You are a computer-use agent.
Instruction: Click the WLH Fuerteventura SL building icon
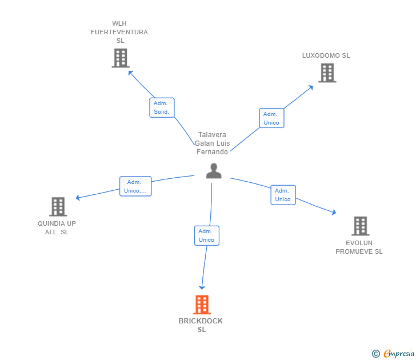pyautogui.click(x=120, y=58)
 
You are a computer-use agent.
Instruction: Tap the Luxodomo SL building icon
pyautogui.click(x=327, y=73)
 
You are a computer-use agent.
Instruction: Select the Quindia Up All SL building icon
pyautogui.click(x=58, y=206)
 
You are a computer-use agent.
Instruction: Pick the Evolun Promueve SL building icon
pyautogui.click(x=360, y=226)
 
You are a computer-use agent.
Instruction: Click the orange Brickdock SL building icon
pyautogui.click(x=202, y=305)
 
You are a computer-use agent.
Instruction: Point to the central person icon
pyautogui.click(x=214, y=171)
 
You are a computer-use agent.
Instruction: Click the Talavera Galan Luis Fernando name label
pyautogui.click(x=212, y=143)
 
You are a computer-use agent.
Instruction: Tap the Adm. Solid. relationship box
pyautogui.click(x=162, y=107)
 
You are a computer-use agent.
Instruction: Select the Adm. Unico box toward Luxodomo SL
pyautogui.click(x=271, y=118)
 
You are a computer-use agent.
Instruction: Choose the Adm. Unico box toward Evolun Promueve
pyautogui.click(x=283, y=195)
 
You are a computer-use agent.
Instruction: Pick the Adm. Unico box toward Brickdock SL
pyautogui.click(x=206, y=235)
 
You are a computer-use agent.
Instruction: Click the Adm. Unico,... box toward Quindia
pyautogui.click(x=135, y=186)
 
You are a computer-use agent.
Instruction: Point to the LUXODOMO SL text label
pyautogui.click(x=326, y=55)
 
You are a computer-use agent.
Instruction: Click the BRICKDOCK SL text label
pyautogui.click(x=201, y=325)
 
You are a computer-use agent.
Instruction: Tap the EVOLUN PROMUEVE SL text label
pyautogui.click(x=359, y=247)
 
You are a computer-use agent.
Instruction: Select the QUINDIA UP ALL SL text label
pyautogui.click(x=57, y=227)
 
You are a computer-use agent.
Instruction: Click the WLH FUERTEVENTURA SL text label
pyautogui.click(x=119, y=32)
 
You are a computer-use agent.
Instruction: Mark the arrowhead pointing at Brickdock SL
pyautogui.click(x=201, y=287)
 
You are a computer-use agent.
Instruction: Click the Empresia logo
pyautogui.click(x=399, y=354)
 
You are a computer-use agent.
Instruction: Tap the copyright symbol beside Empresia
pyautogui.click(x=375, y=354)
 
